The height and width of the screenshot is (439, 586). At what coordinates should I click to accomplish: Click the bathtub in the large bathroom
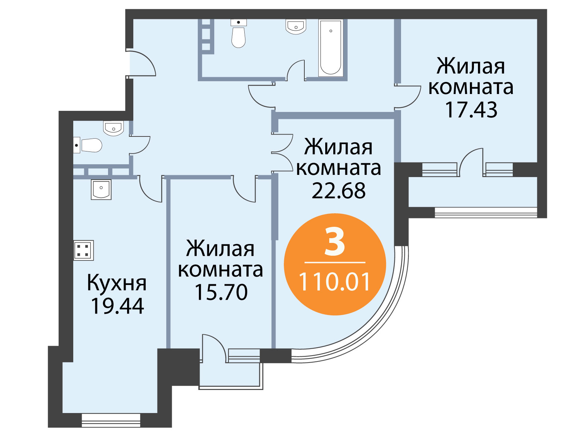(330, 48)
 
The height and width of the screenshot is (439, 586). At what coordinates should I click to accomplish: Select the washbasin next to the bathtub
(296, 27)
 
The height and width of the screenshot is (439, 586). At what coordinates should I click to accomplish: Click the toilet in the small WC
(88, 145)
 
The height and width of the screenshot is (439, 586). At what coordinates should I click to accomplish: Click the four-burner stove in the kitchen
(84, 250)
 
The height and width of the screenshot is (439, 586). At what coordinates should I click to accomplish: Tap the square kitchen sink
(101, 190)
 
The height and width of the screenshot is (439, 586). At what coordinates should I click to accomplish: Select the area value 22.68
(338, 191)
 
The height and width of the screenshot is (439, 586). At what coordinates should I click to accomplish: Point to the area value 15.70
(221, 292)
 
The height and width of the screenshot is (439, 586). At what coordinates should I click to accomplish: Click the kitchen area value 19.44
(118, 306)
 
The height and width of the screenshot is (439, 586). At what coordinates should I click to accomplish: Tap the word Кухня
(117, 283)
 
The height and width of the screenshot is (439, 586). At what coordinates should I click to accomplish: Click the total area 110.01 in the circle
(335, 282)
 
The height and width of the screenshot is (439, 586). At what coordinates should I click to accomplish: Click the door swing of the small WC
(140, 145)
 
